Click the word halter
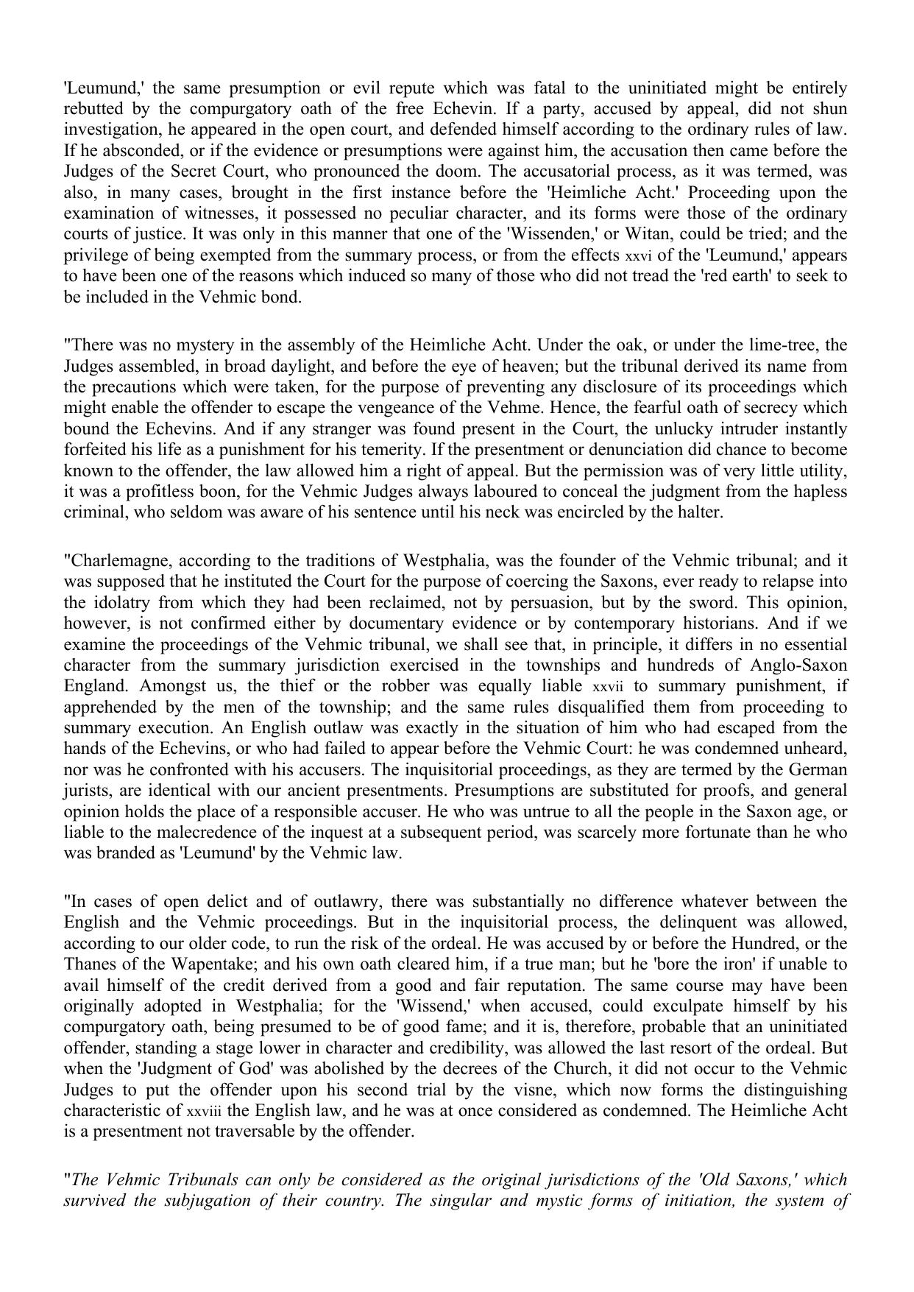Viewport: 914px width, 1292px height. (x=700, y=512)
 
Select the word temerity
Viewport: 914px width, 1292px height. (x=389, y=450)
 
